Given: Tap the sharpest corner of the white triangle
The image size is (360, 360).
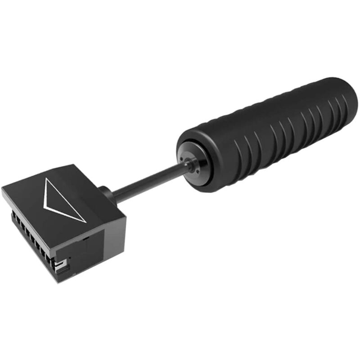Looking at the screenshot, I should pos(85,222).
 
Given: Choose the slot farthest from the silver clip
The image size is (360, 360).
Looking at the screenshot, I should pos(15,216).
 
